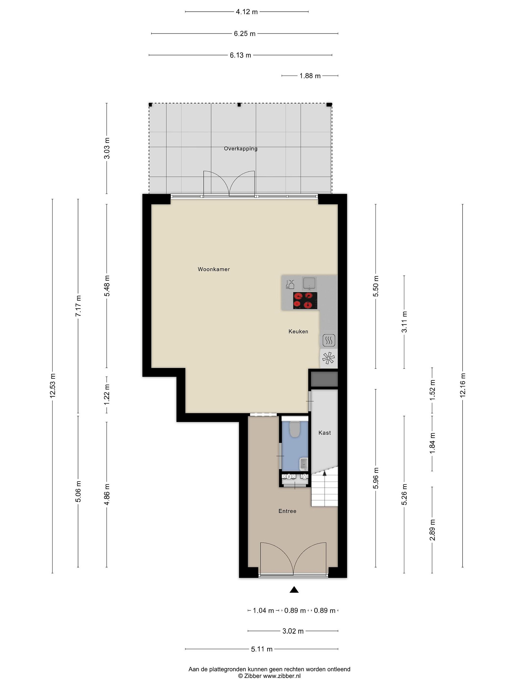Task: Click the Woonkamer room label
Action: (214, 269)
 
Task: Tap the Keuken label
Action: (298, 331)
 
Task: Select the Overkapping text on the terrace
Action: (241, 149)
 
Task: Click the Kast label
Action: (324, 433)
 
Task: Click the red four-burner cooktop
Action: (305, 301)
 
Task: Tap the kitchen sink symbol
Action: (309, 283)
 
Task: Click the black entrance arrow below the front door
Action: (294, 589)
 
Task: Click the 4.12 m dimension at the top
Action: (247, 12)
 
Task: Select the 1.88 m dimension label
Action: (310, 76)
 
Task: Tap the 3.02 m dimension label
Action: (293, 631)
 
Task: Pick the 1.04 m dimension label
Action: (263, 611)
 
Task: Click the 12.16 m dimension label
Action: (463, 385)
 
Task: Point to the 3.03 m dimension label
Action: (107, 148)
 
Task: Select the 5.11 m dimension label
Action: (262, 649)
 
